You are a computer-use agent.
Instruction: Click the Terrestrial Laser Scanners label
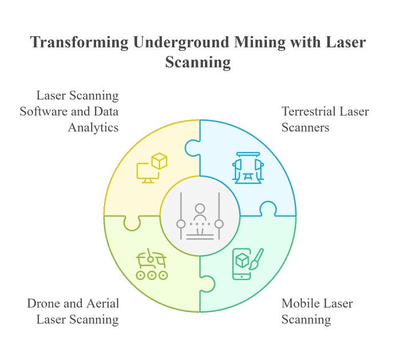tap(325, 119)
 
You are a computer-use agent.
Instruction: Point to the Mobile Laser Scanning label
tap(317, 311)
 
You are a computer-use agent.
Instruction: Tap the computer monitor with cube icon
tap(151, 169)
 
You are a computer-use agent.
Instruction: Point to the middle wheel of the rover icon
tap(152, 275)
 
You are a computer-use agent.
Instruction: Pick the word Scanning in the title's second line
tap(198, 62)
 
